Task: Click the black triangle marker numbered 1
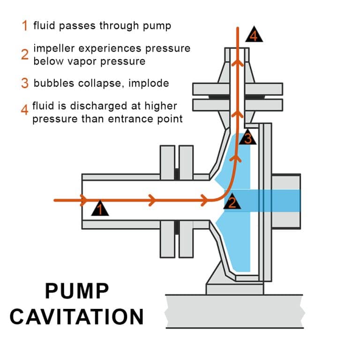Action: click(x=99, y=209)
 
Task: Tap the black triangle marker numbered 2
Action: click(x=232, y=202)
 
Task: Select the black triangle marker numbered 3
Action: click(x=248, y=138)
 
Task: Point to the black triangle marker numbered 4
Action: click(x=254, y=35)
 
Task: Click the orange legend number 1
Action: click(x=25, y=25)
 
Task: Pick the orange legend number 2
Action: click(x=25, y=54)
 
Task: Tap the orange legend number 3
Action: click(x=25, y=83)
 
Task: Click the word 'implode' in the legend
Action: click(x=148, y=83)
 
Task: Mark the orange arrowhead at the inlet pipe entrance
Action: click(x=84, y=201)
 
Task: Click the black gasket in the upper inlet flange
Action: click(x=177, y=174)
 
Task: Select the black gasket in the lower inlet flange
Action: click(x=177, y=228)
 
